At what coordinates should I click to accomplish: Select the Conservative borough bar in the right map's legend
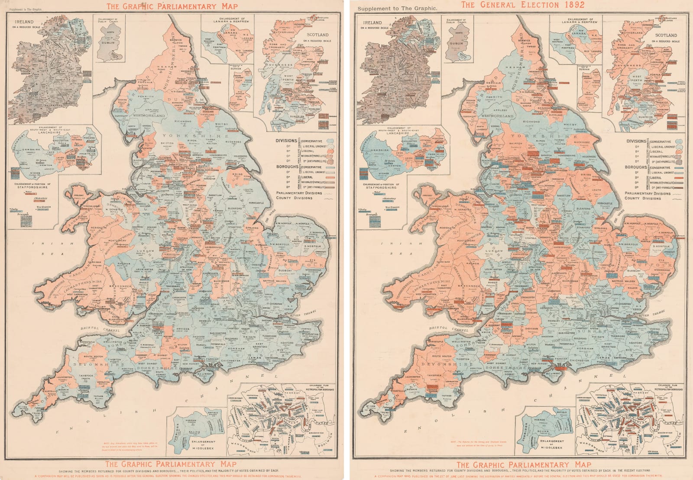click(x=679, y=168)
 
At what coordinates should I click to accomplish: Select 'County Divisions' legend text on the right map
click(x=642, y=198)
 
